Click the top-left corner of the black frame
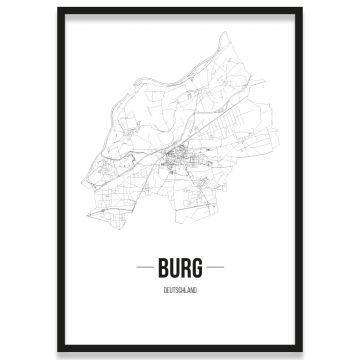58,8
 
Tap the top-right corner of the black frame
302,8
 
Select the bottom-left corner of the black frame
58,351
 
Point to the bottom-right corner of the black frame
302,351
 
